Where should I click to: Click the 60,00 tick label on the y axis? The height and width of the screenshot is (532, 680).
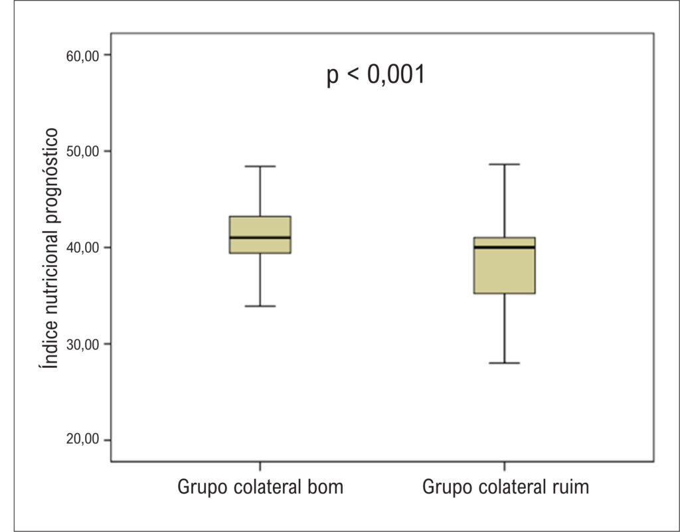[x=82, y=56]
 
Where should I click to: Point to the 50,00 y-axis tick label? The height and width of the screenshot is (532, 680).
[x=82, y=151]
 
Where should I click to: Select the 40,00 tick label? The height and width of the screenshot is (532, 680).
[x=82, y=248]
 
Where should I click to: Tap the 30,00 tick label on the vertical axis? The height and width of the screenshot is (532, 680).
[x=82, y=345]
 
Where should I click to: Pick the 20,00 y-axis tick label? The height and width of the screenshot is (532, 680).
[x=82, y=439]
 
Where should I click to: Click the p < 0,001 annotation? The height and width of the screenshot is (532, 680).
[x=376, y=74]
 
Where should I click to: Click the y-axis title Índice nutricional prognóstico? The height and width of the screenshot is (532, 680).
[x=49, y=248]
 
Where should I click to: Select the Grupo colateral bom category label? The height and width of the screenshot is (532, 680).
[x=260, y=486]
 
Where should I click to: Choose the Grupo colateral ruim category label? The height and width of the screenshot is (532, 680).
[x=505, y=486]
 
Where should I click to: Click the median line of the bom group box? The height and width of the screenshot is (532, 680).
[x=260, y=238]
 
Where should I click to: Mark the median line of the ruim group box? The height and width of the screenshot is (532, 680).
[x=505, y=247]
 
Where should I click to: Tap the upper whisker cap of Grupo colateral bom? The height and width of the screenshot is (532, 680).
[x=260, y=166]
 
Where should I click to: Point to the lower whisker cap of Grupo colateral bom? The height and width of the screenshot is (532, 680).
[x=260, y=306]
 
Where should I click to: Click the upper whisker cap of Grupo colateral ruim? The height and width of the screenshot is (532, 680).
[x=505, y=164]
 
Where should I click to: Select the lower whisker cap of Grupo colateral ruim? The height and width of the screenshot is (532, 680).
[x=505, y=363]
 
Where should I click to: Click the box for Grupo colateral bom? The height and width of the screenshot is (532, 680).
[x=260, y=234]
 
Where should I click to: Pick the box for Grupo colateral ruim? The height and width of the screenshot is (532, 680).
[x=505, y=266]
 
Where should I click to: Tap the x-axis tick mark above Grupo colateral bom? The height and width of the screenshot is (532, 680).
[x=260, y=466]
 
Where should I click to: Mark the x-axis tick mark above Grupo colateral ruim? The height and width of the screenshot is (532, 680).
[x=505, y=466]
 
